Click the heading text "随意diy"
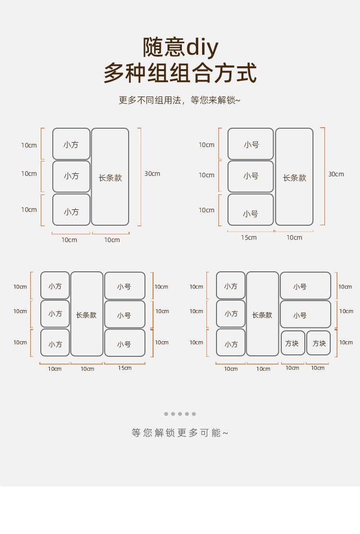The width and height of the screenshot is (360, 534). click(x=180, y=47)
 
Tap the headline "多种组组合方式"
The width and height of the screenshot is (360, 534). click(x=180, y=73)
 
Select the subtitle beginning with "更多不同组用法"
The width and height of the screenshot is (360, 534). click(x=180, y=100)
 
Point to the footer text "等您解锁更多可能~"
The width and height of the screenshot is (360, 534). click(x=180, y=433)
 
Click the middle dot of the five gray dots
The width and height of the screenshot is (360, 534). click(x=180, y=414)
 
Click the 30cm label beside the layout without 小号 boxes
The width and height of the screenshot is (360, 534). click(x=152, y=173)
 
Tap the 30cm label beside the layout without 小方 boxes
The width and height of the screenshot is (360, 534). click(x=336, y=174)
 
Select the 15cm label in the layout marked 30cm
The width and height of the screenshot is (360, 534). click(x=249, y=238)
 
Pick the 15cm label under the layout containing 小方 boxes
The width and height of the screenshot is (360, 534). click(x=124, y=368)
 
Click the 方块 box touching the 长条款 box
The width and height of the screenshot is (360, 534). click(x=293, y=343)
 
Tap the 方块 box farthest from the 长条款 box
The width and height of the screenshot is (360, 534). click(x=319, y=343)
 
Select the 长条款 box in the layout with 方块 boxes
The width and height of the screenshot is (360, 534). click(x=262, y=314)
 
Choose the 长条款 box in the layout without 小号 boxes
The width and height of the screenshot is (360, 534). click(x=110, y=177)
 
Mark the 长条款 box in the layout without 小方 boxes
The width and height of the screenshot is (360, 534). click(x=294, y=177)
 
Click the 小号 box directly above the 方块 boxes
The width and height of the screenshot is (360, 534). click(x=305, y=315)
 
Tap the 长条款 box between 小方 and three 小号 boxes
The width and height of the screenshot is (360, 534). click(x=86, y=314)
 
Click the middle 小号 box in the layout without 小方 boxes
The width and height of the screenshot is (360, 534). click(x=251, y=176)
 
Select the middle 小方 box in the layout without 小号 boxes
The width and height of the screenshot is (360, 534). click(x=71, y=176)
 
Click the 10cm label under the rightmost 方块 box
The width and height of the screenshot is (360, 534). click(x=318, y=368)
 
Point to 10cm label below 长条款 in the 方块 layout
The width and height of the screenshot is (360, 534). click(x=263, y=369)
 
